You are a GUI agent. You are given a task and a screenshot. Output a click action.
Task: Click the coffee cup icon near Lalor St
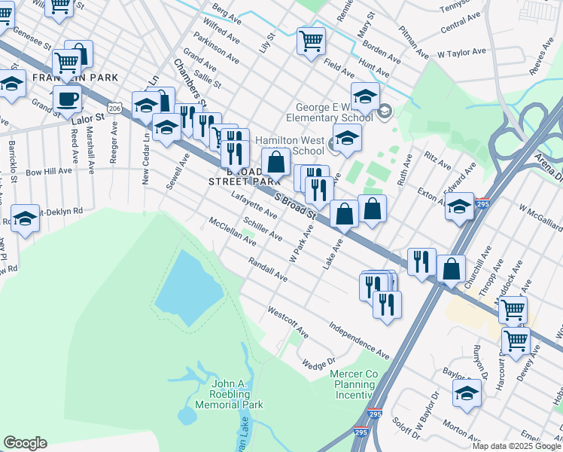coord(67,99)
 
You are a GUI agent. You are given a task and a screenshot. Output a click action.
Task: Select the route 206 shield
coord(114,108)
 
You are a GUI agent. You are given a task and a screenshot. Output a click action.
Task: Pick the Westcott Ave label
coord(288,321)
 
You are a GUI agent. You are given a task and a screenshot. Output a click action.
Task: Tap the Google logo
coord(25,443)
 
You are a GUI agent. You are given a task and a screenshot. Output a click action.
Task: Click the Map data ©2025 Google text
coord(516,446)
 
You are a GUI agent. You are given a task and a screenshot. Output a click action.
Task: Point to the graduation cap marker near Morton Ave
coord(467,392)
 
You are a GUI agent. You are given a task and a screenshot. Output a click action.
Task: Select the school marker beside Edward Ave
coord(459,205)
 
